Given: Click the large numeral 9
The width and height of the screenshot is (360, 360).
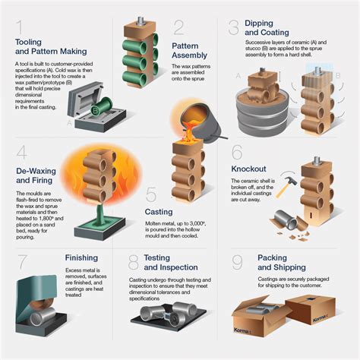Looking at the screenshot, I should pyautogui.click(x=237, y=264).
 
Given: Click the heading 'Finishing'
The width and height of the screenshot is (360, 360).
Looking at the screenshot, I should pyautogui.click(x=81, y=257).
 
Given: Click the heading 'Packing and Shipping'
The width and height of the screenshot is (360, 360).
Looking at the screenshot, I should pyautogui.click(x=283, y=263).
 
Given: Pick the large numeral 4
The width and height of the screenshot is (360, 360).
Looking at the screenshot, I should pyautogui.click(x=21, y=154).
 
